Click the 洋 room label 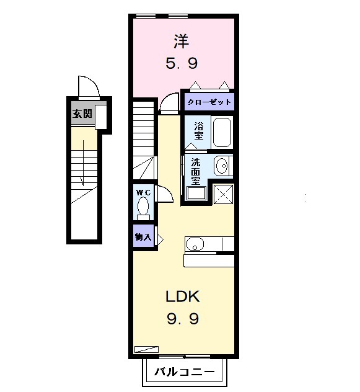pyautogui.click(x=182, y=42)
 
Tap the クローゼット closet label pyautogui.click(x=209, y=102)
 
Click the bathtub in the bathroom pyautogui.click(x=221, y=131)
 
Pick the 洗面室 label pyautogui.click(x=195, y=171)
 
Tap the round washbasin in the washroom pyautogui.click(x=221, y=166)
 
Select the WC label pyautogui.click(x=143, y=192)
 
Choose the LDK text pyautogui.click(x=182, y=296)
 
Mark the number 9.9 pyautogui.click(x=182, y=319)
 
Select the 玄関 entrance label pyautogui.click(x=81, y=114)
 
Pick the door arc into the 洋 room pyautogui.click(x=168, y=103)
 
